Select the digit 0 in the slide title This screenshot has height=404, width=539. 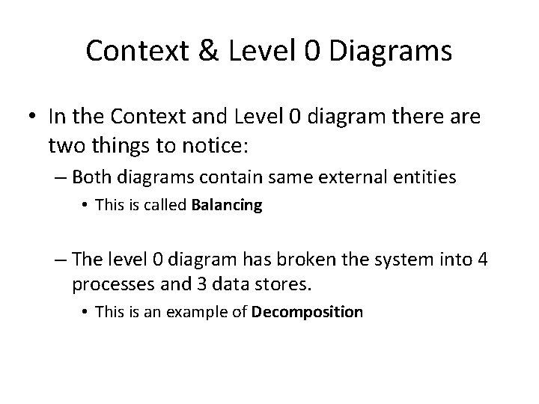click(314, 51)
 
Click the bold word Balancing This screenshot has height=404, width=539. click(227, 206)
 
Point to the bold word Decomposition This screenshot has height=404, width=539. click(308, 310)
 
